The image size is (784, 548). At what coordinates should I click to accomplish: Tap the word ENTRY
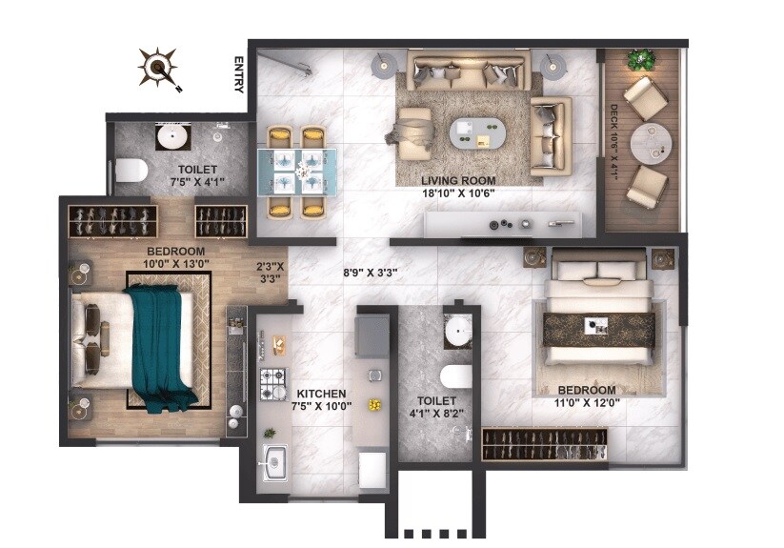coord(239,74)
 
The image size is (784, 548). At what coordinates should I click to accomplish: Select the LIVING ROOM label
coord(458,179)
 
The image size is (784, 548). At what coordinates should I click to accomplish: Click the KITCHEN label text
coord(321,394)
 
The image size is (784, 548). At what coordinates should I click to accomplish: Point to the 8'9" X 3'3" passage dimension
coord(371,272)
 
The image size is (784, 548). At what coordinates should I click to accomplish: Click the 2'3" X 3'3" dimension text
coord(270,274)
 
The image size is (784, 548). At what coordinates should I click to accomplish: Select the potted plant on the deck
coord(640,59)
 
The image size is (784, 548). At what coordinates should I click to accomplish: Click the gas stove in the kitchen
coord(273,384)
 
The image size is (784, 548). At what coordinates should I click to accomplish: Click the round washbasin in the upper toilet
coord(171,136)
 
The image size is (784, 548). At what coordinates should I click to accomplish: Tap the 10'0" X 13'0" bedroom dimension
coord(176,263)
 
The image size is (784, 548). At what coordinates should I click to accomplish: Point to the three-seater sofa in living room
coord(467,71)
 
